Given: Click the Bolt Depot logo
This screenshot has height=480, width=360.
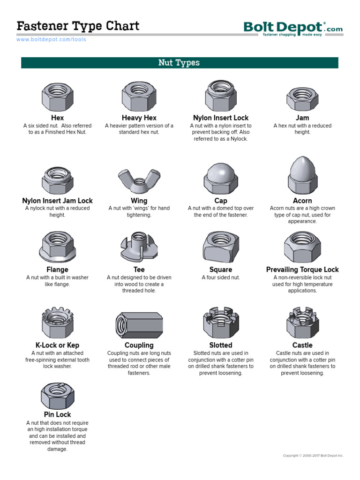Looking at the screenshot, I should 293,28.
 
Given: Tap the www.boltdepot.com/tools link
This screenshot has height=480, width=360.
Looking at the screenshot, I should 51,40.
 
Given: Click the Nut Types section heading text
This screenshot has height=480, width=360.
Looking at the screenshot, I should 179,63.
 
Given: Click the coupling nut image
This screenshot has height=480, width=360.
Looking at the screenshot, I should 139,324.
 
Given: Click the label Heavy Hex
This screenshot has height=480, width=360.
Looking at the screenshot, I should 139,118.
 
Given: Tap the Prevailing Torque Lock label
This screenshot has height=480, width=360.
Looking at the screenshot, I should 302,270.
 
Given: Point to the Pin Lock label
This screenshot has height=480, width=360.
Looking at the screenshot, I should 57,414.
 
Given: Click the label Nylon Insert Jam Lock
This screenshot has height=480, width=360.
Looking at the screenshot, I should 57,201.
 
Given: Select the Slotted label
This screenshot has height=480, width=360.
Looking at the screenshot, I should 221,345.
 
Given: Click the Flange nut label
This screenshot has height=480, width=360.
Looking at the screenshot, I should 57,270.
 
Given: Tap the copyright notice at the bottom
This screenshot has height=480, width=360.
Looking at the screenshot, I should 313,456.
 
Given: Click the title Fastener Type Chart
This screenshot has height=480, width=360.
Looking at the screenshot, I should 78,26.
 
